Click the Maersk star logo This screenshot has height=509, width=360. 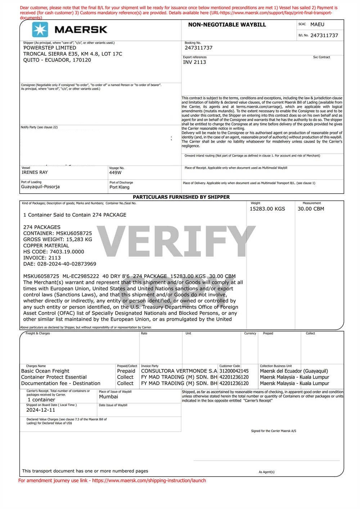[x=40, y=30]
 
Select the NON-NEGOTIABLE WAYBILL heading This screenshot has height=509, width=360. [x=227, y=25]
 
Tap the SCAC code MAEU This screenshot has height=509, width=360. [x=317, y=24]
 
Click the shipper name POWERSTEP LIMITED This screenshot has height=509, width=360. [x=50, y=48]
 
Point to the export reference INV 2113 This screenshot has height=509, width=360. [x=195, y=62]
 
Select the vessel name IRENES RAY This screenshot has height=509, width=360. [x=35, y=172]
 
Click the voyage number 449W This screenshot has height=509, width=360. [x=115, y=173]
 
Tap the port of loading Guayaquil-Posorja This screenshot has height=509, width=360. [x=40, y=187]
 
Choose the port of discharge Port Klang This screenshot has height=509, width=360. [x=120, y=187]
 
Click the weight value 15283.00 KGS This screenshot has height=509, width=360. [x=267, y=209]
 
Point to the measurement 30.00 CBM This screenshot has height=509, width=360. [x=311, y=209]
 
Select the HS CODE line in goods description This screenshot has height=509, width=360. [x=54, y=252]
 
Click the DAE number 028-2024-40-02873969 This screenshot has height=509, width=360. [x=60, y=264]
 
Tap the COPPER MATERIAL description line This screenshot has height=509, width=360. [x=46, y=246]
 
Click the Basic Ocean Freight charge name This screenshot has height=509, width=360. [x=45, y=371]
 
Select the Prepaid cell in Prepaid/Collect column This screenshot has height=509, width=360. [x=126, y=371]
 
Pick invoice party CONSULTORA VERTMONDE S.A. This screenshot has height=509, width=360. [x=179, y=371]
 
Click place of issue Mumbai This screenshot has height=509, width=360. [x=108, y=397]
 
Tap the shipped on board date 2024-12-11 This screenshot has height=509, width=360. [x=41, y=410]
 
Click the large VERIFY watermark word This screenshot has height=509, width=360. [x=176, y=238]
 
